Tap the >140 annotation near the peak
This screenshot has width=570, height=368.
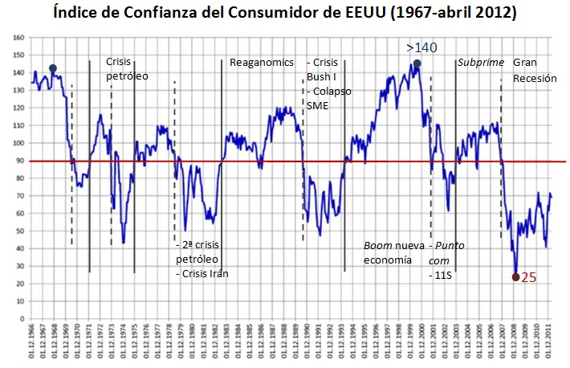coord(421,48)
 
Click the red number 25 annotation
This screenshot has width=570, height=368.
coord(530,277)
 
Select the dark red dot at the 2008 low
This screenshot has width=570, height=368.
coord(516,277)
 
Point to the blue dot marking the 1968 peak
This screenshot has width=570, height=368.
coord(53,68)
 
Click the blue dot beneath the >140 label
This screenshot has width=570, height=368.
coord(417,63)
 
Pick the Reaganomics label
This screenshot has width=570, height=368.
coord(262,63)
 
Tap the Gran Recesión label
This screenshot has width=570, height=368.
coord(534,70)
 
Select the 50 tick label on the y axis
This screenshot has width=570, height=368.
coord(22,231)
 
